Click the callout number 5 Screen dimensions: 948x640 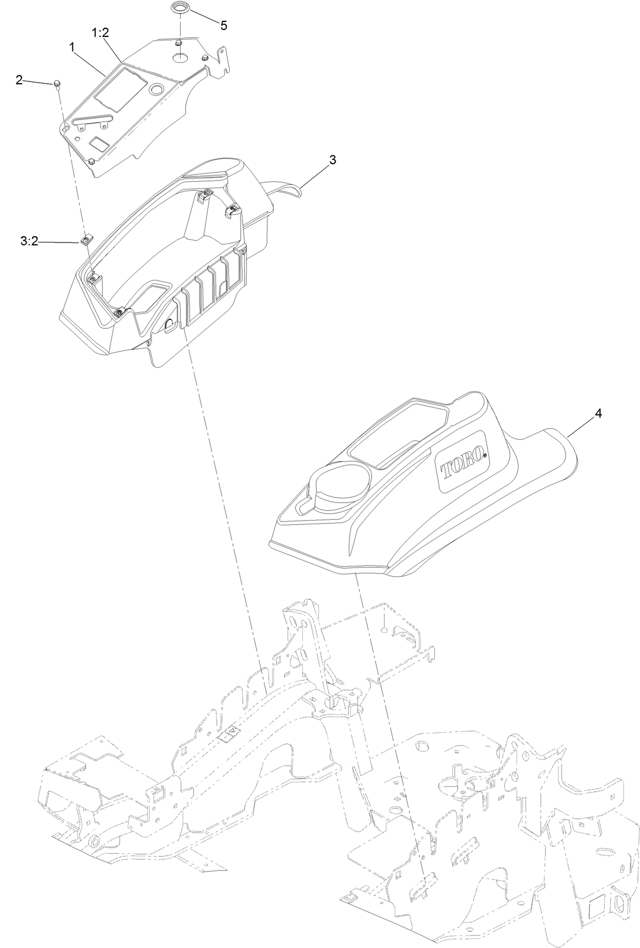click(224, 25)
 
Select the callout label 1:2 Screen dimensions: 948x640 click(100, 33)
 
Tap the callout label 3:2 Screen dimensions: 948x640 click(29, 242)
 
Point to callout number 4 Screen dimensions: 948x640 click(598, 413)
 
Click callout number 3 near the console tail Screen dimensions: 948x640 click(332, 160)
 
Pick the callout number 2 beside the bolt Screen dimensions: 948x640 click(20, 80)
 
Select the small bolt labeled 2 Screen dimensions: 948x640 click(57, 85)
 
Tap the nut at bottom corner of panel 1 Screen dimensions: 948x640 click(93, 161)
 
